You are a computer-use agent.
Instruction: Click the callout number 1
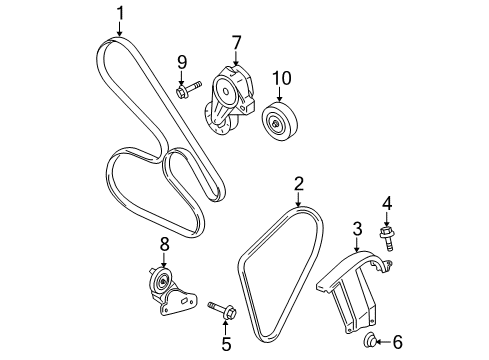pos(120,13)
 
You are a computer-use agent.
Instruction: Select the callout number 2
pos(298,183)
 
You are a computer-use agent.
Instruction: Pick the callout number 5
pos(225,346)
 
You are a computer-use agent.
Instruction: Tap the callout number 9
pos(181,62)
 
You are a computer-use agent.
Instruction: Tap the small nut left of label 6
pos(371,342)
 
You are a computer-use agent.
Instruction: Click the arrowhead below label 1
pos(120,36)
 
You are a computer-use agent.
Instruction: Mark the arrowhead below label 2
pos(298,205)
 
